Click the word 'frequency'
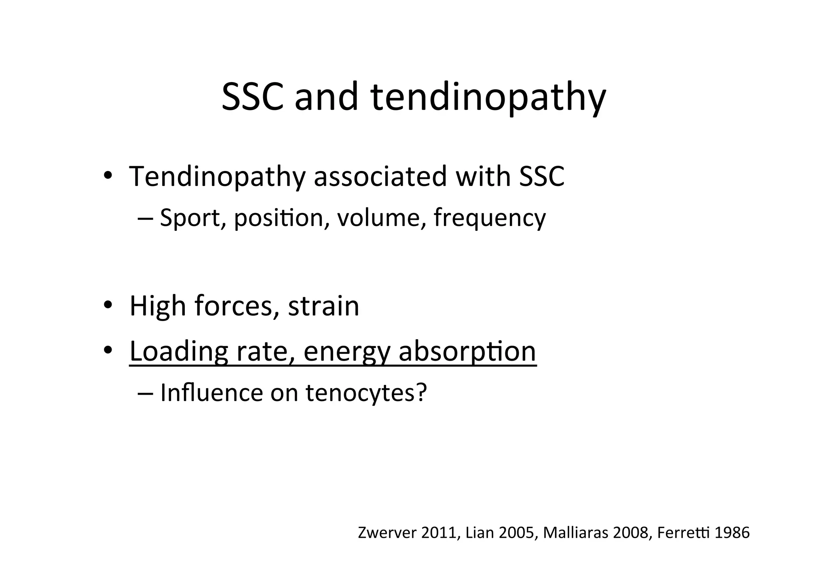coord(490,219)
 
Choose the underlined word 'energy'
coord(346,353)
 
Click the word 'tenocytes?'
coord(366,393)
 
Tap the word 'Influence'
coord(211,393)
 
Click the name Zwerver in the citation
coord(387,533)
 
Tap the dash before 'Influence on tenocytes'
coord(145,393)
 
